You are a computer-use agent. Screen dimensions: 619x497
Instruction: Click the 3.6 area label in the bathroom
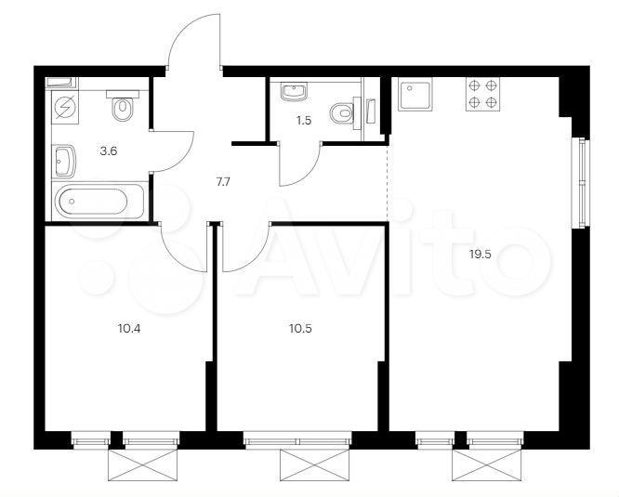109,151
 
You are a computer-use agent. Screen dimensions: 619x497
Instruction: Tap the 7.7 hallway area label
221,182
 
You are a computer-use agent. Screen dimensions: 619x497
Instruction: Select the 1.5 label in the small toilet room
304,121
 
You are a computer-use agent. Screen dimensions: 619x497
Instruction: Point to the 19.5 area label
480,255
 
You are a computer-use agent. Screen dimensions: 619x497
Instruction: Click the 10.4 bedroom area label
129,328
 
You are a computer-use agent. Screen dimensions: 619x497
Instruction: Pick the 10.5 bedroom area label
300,328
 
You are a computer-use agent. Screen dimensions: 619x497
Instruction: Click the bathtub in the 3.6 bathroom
99,201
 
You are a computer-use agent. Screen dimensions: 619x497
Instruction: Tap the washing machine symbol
65,108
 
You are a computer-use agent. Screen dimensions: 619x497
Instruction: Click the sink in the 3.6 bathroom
65,161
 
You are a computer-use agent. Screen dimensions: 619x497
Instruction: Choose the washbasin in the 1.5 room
294,92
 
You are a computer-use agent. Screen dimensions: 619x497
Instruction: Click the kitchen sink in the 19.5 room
415,94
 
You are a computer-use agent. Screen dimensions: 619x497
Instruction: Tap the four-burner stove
482,94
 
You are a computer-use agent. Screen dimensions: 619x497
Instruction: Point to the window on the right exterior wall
581,183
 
